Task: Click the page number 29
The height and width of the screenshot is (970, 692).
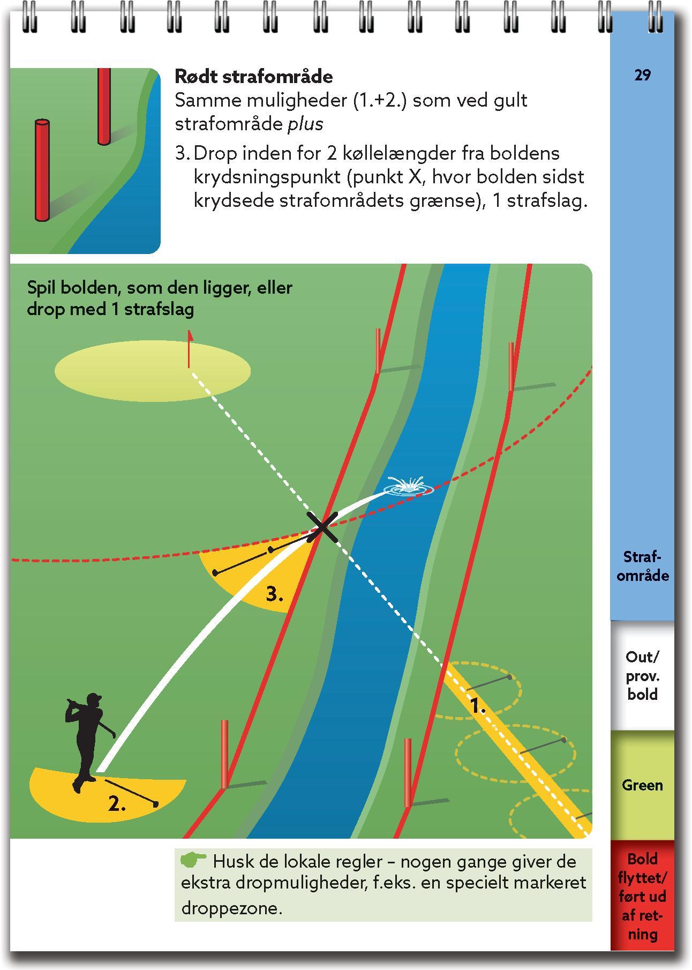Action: pyautogui.click(x=642, y=76)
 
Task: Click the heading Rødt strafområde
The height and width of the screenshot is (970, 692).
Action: pyautogui.click(x=253, y=77)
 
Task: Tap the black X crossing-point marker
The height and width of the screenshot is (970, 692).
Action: pyautogui.click(x=322, y=527)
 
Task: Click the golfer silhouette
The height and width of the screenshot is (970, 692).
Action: pyautogui.click(x=85, y=740)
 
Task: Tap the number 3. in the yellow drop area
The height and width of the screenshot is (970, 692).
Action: pyautogui.click(x=274, y=594)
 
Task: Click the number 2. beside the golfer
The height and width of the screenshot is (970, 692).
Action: pyautogui.click(x=117, y=804)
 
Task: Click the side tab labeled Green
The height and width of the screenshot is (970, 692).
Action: pyautogui.click(x=642, y=785)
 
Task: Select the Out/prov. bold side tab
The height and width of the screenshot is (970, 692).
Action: pyautogui.click(x=642, y=675)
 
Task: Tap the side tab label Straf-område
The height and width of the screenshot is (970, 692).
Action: pyautogui.click(x=642, y=566)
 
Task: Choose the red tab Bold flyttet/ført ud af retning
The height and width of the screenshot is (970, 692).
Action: pyautogui.click(x=642, y=896)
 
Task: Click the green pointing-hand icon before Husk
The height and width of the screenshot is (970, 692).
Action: pyautogui.click(x=193, y=861)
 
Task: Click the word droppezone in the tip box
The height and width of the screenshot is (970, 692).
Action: pyautogui.click(x=231, y=908)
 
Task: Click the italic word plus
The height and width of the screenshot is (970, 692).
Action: pyautogui.click(x=305, y=124)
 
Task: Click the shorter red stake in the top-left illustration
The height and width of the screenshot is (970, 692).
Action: pyautogui.click(x=42, y=170)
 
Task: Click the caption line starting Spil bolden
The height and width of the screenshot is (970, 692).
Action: pyautogui.click(x=160, y=288)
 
